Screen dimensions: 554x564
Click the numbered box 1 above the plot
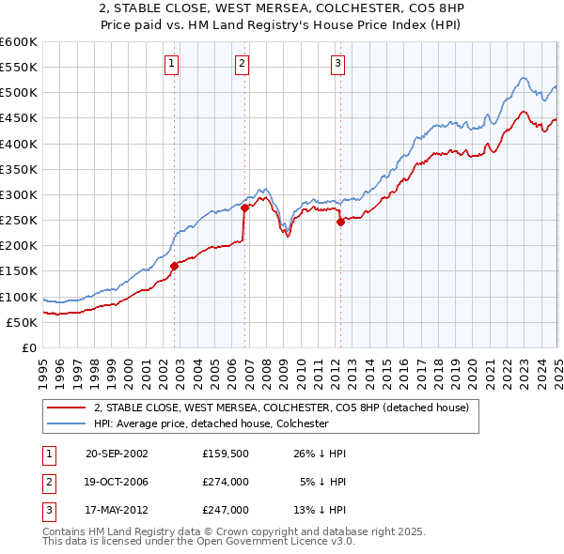173,64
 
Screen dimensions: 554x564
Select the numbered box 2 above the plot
243,64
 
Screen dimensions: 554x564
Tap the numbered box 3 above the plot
337,64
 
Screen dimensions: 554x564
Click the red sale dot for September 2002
174,266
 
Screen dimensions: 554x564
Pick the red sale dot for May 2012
340,222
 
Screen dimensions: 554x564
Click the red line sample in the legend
67,408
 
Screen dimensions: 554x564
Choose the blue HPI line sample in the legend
67,423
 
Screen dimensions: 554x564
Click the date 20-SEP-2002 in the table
117,454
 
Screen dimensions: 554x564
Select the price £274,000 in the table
225,482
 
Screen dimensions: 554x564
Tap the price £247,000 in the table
225,510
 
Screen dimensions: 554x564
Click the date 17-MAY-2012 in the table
117,510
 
